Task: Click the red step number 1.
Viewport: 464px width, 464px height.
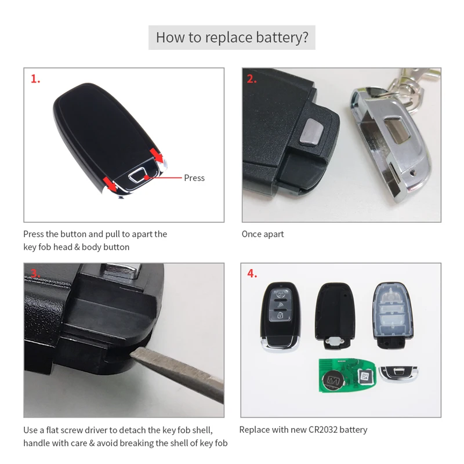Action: tap(35, 79)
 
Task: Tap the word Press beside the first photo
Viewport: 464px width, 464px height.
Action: tap(194, 178)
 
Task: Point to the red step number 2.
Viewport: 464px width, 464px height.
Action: tap(252, 79)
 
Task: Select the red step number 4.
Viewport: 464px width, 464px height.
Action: tap(252, 274)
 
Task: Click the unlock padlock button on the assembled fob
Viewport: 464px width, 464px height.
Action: tap(280, 316)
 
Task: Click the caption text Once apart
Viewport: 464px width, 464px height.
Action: tap(263, 234)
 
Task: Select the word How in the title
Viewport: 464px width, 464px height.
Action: tap(169, 38)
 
